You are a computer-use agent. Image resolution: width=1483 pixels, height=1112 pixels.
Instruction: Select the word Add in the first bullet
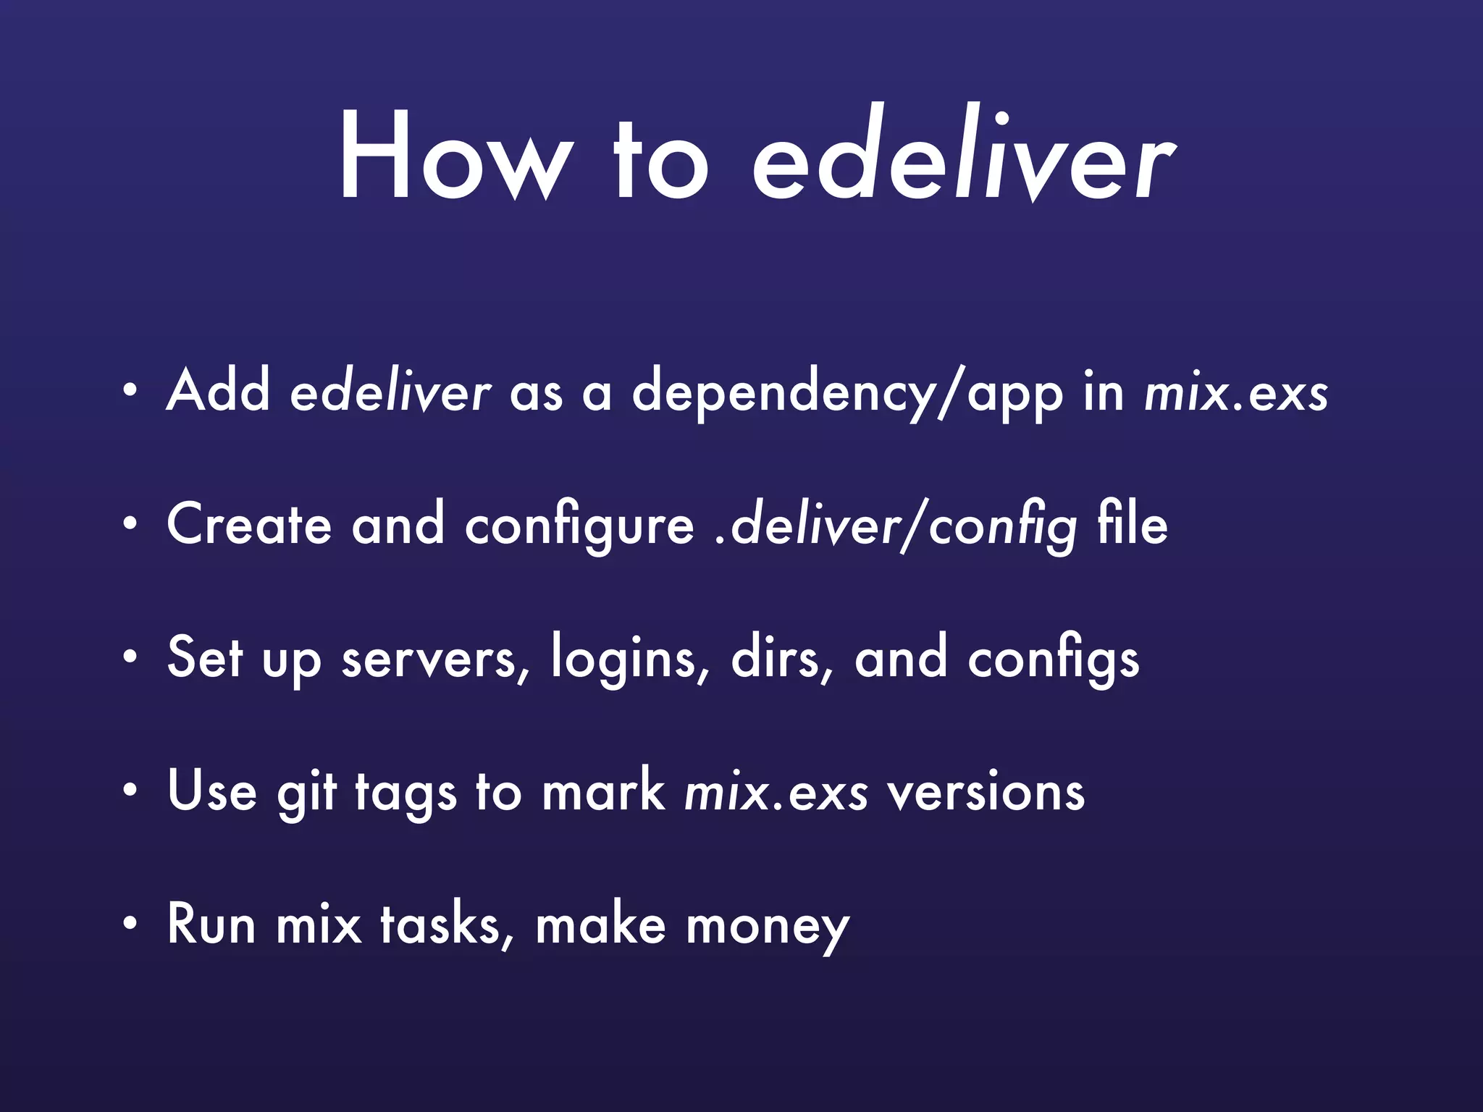tap(218, 391)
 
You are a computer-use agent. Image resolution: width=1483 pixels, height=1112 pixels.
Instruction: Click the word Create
tap(249, 525)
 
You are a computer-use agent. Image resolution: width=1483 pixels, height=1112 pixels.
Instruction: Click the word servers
tap(435, 659)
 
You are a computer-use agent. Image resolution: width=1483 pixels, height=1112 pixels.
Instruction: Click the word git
tap(306, 793)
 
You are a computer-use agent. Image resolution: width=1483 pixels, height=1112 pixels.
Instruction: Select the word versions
tap(986, 793)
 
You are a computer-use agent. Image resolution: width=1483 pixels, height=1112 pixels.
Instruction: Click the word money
tap(768, 927)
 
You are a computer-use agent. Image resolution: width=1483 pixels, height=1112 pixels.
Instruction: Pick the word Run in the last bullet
tap(211, 924)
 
